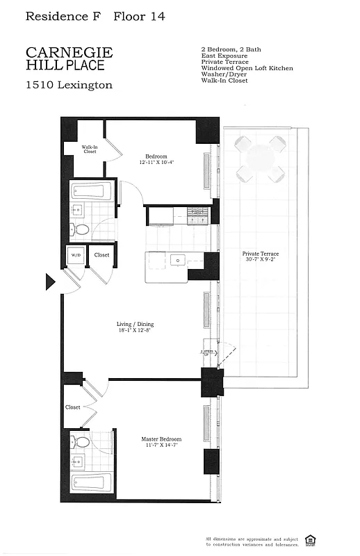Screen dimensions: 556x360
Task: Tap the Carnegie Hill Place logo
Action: click(69, 58)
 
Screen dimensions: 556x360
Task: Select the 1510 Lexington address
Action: click(69, 85)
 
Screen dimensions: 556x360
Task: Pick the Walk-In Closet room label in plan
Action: click(89, 149)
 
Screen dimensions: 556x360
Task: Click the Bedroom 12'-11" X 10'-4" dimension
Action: click(154, 163)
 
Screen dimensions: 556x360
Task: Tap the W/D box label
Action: click(75, 255)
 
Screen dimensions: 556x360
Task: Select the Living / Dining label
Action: click(135, 325)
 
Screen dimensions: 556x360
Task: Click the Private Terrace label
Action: click(261, 254)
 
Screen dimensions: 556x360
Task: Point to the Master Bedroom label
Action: click(161, 439)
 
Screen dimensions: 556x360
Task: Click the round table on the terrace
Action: click(260, 158)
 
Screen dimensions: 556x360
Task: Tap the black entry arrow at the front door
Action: click(50, 281)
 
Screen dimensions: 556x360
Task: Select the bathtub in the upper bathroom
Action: click(88, 190)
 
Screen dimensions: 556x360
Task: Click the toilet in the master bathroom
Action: click(82, 441)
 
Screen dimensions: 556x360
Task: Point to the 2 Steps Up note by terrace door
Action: click(206, 354)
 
